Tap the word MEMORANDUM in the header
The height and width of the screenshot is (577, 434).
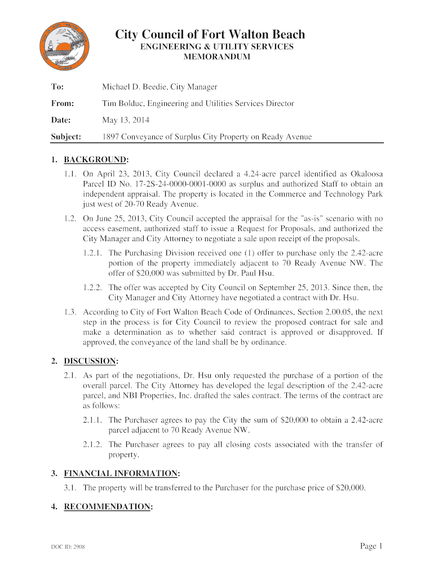click(x=217, y=57)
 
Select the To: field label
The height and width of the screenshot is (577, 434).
click(x=57, y=87)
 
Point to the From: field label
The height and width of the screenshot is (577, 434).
click(x=62, y=104)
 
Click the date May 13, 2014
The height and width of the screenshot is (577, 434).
click(x=126, y=121)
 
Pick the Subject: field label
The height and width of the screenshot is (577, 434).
click(x=66, y=137)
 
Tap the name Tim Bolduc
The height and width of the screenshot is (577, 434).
click(x=122, y=104)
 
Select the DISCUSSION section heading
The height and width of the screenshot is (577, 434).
click(x=91, y=361)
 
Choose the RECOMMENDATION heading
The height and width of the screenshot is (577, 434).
click(x=107, y=507)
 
